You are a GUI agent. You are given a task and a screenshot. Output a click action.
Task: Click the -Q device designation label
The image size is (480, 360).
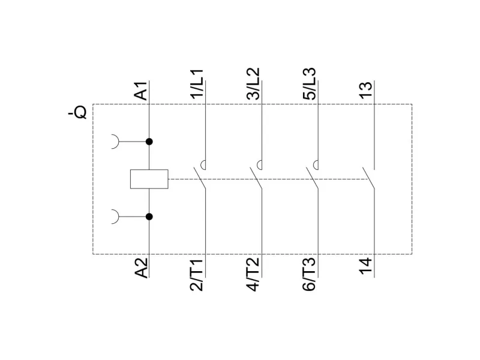pos(79,111)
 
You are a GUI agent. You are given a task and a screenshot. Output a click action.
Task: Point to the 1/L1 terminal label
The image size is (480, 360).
pos(197,85)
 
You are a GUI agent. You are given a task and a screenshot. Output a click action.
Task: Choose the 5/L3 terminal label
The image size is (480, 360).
pos(309,85)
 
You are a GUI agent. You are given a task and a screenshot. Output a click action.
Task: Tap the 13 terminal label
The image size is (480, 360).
pos(365,90)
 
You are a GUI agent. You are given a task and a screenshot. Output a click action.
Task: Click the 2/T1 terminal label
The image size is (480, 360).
pos(197,275)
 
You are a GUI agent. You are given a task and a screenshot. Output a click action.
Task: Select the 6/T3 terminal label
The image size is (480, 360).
pos(309,275)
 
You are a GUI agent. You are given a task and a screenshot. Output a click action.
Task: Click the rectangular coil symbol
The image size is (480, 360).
pos(149,179)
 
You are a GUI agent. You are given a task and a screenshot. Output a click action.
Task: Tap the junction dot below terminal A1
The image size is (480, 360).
pos(149,142)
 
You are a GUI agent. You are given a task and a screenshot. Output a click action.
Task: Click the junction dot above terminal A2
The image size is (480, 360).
pos(149,216)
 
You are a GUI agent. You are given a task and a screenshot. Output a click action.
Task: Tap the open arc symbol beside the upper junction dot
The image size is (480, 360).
pos(115,142)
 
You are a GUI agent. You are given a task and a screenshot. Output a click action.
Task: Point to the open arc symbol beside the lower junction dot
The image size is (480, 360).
pos(115,216)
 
